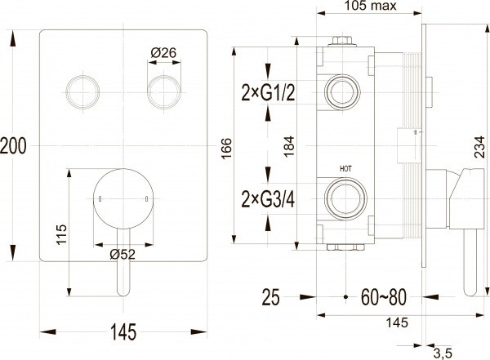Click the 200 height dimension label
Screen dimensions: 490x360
click(x=13, y=146)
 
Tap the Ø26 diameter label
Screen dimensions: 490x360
click(x=163, y=53)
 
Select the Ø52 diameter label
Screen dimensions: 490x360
click(x=122, y=255)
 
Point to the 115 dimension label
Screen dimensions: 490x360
click(x=61, y=234)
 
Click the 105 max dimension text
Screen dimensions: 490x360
click(x=370, y=6)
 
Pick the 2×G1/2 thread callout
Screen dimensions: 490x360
click(x=268, y=93)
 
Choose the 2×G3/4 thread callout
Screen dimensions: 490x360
click(x=268, y=200)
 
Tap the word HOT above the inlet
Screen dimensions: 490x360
click(x=345, y=169)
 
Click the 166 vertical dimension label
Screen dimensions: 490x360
click(x=226, y=148)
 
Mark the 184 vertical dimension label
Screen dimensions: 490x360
click(x=290, y=146)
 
